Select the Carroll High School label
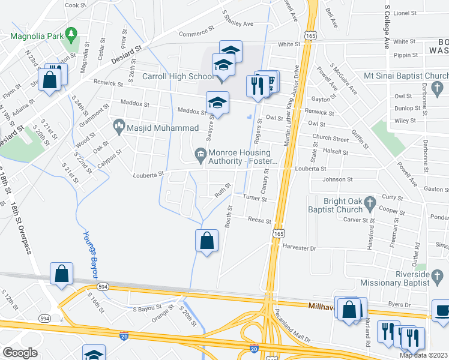pyautogui.click(x=178, y=77)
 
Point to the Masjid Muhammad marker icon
pyautogui.click(x=119, y=127)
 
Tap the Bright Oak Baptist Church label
pyautogui.click(x=335, y=205)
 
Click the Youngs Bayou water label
pyautogui.click(x=91, y=254)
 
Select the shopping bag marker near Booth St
pyautogui.click(x=206, y=241)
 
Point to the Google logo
pyautogui.click(x=20, y=353)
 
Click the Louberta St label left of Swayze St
pyautogui.click(x=148, y=175)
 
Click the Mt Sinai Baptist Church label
pyautogui.click(x=406, y=77)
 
